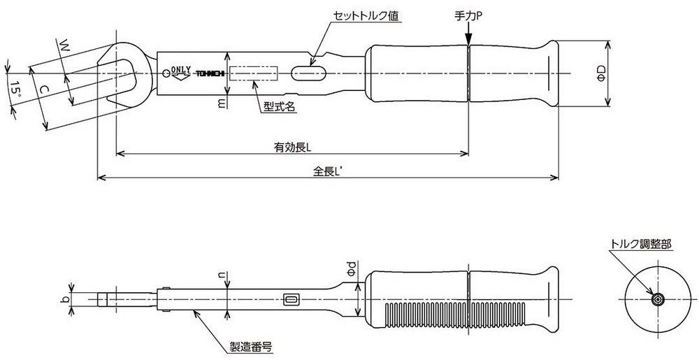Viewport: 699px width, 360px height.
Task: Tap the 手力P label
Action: point(469,15)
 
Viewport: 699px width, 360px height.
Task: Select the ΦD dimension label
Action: point(600,73)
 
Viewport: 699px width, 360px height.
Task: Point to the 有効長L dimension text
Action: point(292,147)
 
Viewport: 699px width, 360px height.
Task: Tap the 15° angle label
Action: point(14,89)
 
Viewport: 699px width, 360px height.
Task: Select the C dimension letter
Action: point(43,89)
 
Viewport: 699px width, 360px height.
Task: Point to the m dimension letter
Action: point(222,102)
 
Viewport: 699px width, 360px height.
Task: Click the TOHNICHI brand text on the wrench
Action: point(209,73)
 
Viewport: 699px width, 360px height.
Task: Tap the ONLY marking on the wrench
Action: point(180,69)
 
